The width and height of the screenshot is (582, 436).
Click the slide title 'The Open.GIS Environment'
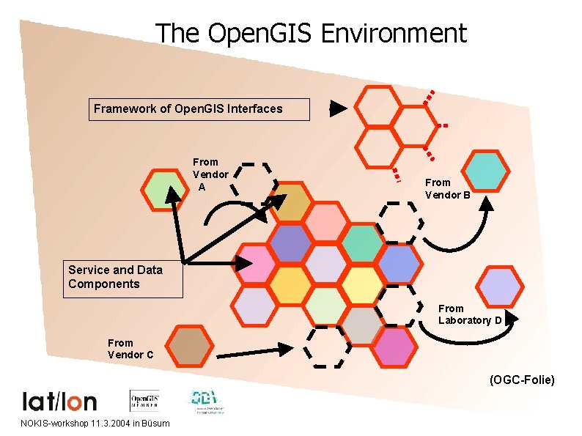311,34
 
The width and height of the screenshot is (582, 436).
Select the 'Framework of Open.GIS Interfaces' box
199,109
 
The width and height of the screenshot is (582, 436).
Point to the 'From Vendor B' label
448,188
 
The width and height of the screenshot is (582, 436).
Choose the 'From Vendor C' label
130,349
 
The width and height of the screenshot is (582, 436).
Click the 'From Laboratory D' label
470,314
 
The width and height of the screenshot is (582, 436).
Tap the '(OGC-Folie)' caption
522,380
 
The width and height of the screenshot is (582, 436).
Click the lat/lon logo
60,401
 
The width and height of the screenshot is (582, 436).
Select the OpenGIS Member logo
144,400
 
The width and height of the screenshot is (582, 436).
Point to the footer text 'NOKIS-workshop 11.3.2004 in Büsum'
95,424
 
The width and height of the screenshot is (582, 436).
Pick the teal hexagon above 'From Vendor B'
487,170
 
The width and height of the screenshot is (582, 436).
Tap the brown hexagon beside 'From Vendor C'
188,346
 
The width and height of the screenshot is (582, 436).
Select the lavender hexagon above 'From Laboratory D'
499,286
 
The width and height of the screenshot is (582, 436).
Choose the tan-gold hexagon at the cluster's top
291,204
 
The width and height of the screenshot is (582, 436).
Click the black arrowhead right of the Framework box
337,108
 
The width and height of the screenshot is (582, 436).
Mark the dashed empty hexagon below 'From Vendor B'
400,221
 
